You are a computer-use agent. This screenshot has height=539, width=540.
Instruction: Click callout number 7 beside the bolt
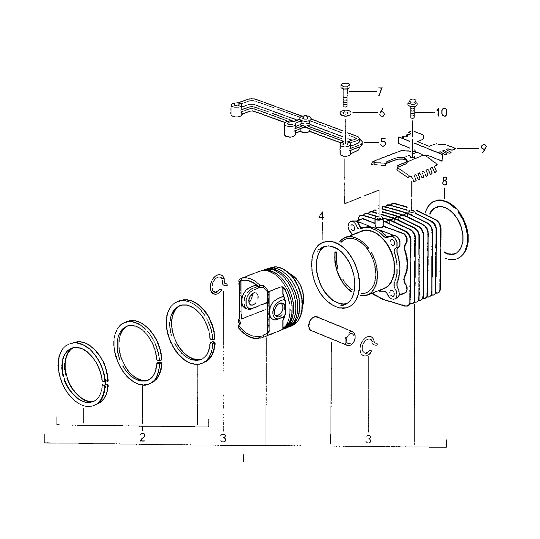[x=379, y=92]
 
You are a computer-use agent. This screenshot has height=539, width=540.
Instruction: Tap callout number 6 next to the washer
[x=381, y=113]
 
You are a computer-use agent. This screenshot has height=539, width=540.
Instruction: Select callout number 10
[x=441, y=112]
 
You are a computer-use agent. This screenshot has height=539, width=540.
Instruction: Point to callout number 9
[x=483, y=149]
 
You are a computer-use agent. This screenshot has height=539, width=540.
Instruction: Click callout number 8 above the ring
[x=445, y=181]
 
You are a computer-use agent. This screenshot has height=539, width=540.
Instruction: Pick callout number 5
[x=383, y=142]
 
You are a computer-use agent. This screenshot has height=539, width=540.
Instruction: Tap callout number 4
[x=321, y=216]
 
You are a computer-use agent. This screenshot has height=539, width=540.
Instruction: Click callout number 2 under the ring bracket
[x=142, y=437]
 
